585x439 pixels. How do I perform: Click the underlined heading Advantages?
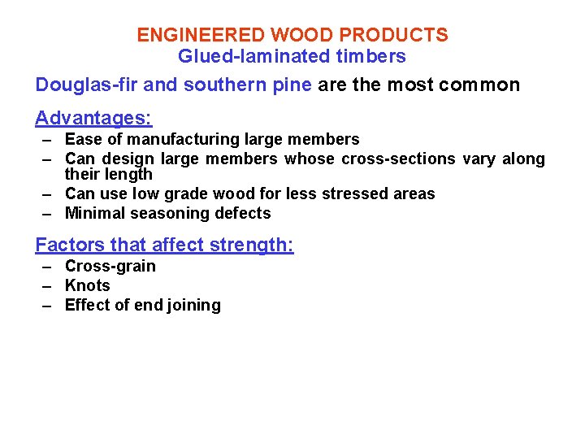point(93,119)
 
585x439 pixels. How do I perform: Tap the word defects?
point(243,213)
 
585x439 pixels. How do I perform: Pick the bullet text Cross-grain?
point(110,266)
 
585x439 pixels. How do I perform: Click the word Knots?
point(87,285)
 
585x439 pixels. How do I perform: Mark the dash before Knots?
point(49,285)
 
